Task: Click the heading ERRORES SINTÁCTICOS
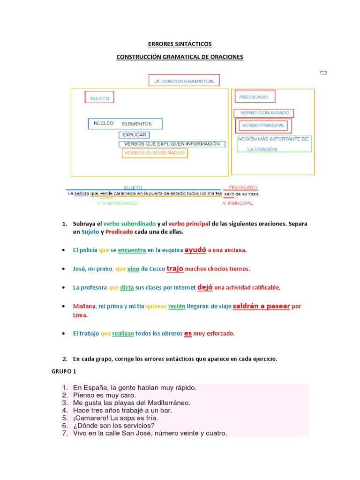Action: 180,44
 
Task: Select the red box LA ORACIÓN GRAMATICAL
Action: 184,81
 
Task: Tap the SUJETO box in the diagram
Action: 99,98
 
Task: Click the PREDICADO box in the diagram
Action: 255,97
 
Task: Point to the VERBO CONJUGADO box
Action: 264,113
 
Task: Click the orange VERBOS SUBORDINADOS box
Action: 154,153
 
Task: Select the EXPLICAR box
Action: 134,135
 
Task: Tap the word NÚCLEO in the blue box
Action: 104,124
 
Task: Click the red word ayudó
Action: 195,250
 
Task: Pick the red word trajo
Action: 175,269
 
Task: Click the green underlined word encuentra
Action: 132,250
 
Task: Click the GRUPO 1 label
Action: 64,371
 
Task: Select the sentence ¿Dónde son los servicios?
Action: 114,426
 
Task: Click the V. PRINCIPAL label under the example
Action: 237,203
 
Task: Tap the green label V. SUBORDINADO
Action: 117,203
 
